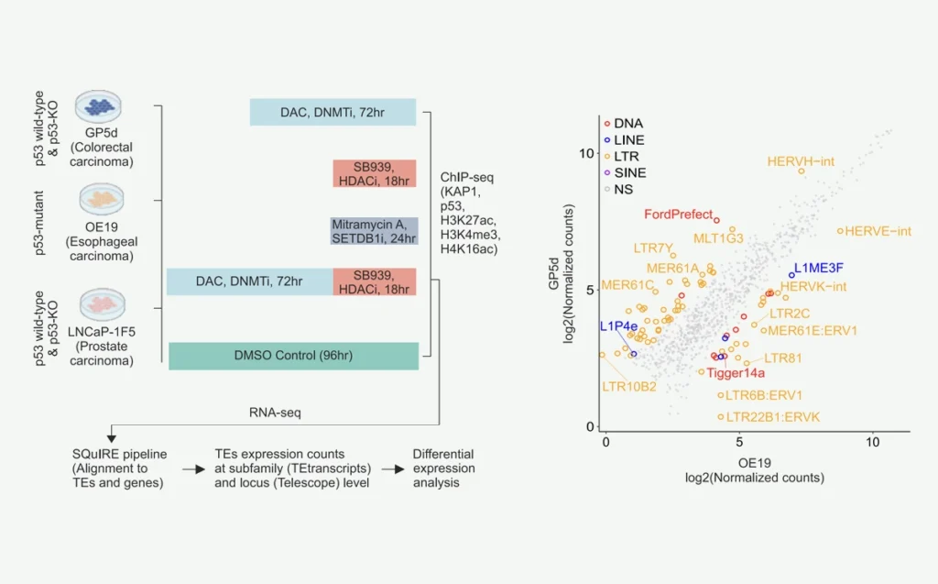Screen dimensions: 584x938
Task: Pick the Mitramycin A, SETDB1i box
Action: [x=373, y=231]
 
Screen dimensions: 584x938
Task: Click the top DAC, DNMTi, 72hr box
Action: [x=333, y=112]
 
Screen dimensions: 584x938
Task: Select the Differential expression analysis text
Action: [x=444, y=468]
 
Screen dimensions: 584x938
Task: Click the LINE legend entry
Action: [x=628, y=139]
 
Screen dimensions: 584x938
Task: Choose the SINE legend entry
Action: [x=628, y=172]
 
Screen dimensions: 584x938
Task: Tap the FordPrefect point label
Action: [x=677, y=215]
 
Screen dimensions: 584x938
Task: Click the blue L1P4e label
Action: [x=618, y=326]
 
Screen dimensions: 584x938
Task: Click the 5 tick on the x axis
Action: [x=739, y=441]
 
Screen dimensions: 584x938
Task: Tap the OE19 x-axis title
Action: [x=740, y=460]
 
